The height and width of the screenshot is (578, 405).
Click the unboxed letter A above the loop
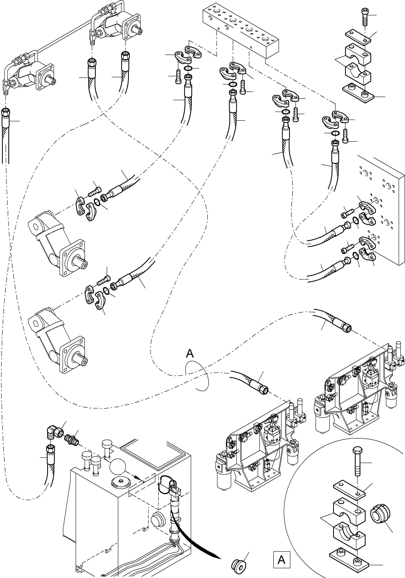190,353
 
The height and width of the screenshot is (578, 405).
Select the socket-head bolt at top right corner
365,17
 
